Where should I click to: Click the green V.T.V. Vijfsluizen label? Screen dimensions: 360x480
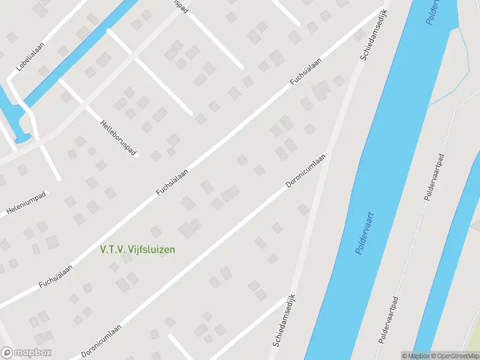coord(137,249)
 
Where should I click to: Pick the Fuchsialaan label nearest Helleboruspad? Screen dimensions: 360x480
coord(172,182)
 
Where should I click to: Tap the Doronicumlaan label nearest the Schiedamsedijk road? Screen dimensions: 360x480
coord(305,171)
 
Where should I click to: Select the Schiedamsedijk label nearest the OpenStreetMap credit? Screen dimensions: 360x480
coord(286,321)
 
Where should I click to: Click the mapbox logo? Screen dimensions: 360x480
coord(26,353)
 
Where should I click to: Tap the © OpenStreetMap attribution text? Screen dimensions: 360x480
coord(454,356)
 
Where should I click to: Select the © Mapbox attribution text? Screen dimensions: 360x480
coord(415,356)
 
